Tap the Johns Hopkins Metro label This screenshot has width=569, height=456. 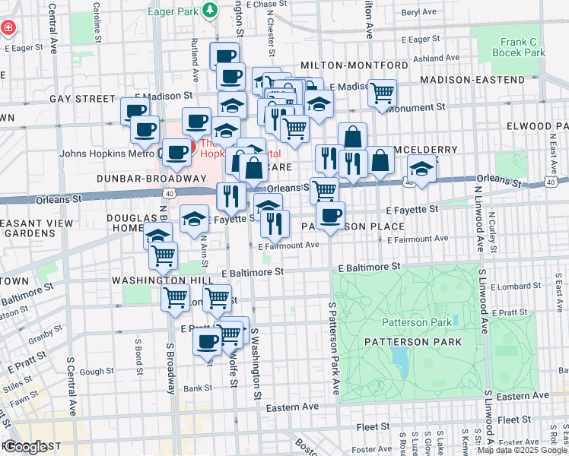106,153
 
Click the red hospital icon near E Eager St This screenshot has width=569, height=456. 8,28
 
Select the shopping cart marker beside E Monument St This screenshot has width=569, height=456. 382,93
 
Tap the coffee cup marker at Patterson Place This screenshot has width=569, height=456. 330,216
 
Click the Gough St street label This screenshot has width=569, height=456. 96,372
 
